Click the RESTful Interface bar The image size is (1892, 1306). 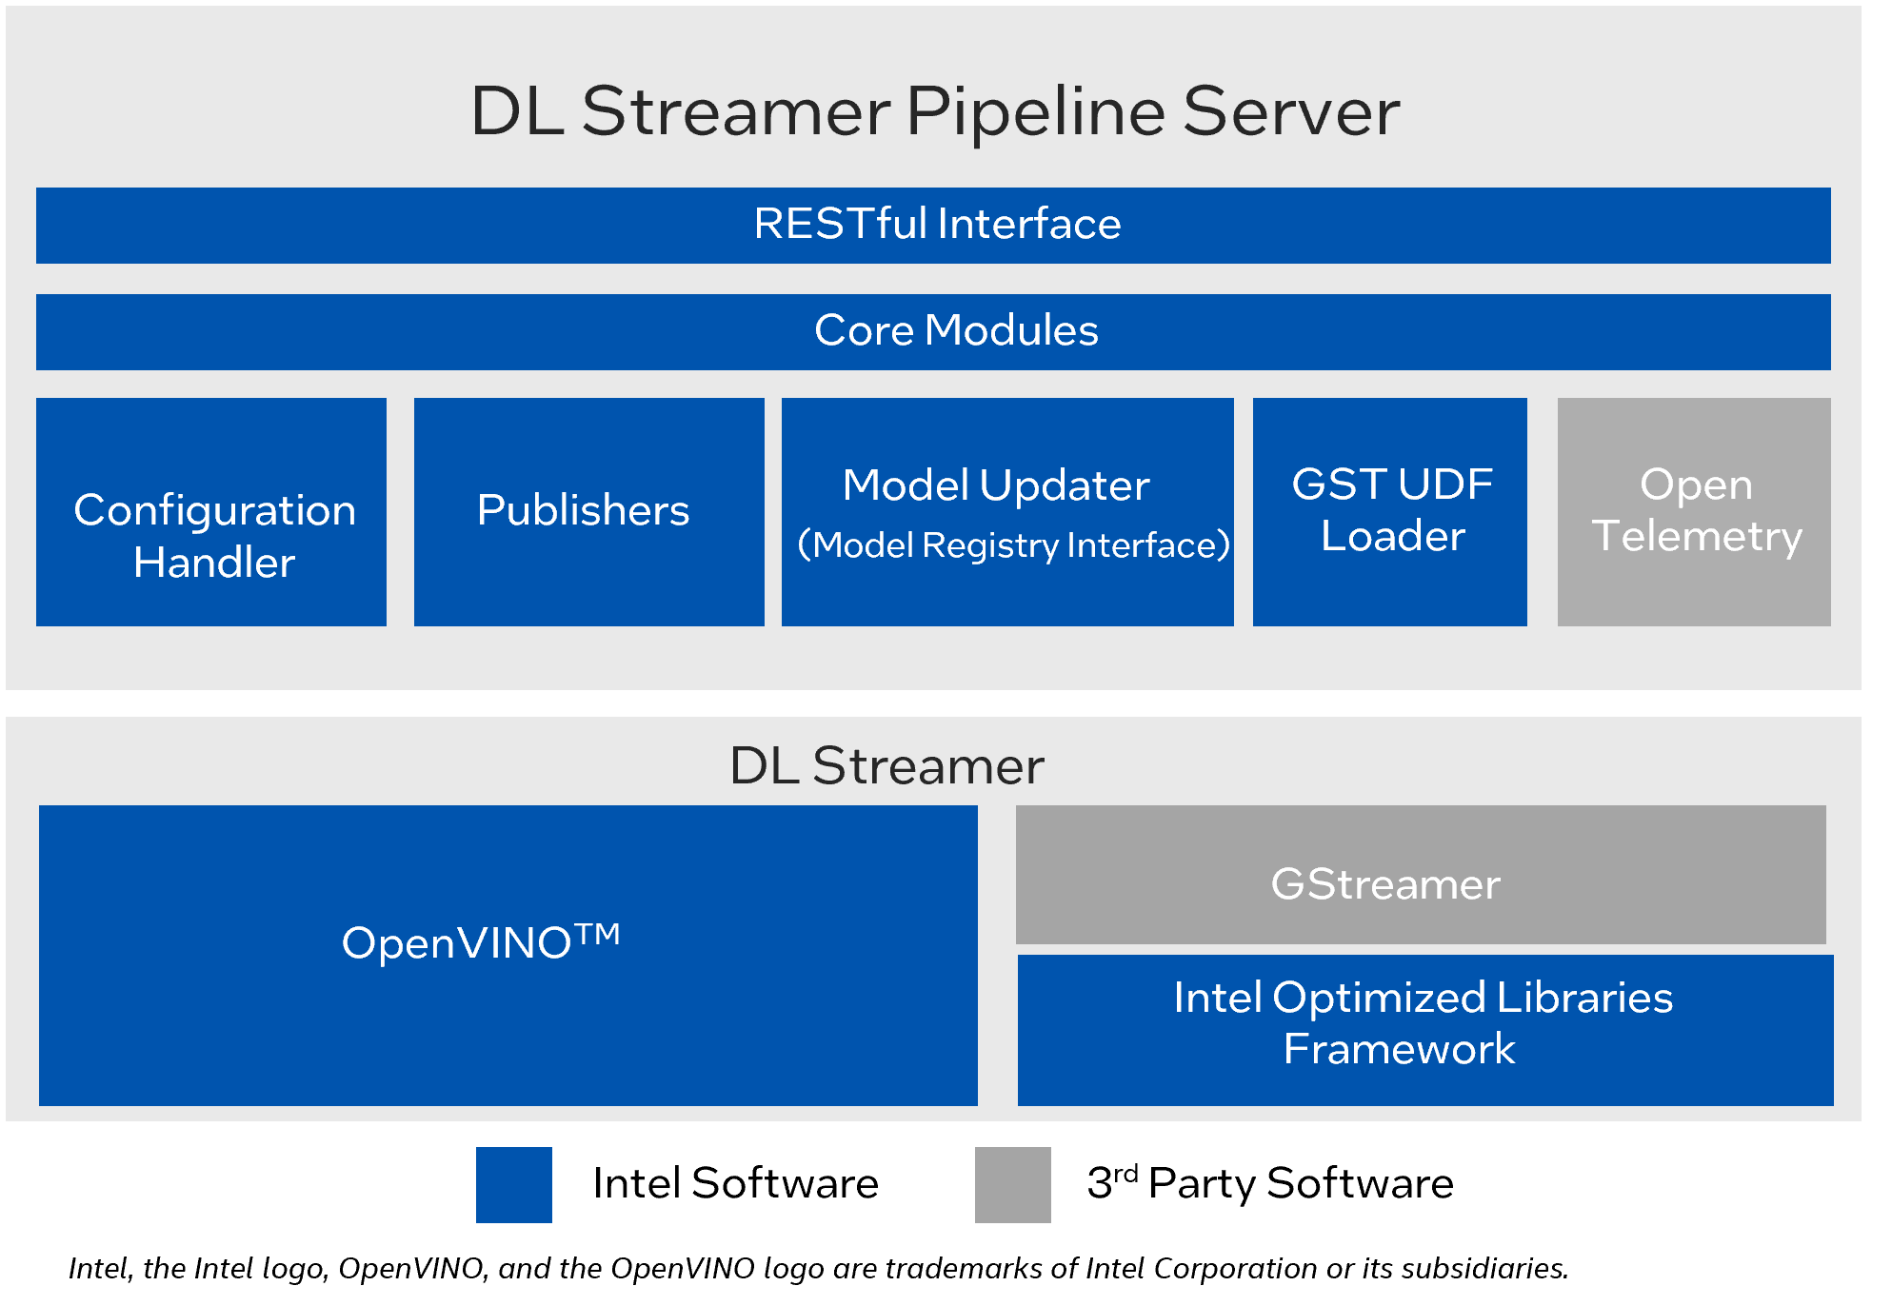(x=933, y=226)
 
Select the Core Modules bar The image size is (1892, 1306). (x=933, y=331)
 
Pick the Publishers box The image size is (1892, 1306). (x=588, y=511)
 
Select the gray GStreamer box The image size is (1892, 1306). (x=1421, y=875)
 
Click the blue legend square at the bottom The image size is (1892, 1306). (x=514, y=1184)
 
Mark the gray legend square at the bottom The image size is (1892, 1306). (x=1012, y=1184)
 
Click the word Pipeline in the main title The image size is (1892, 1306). (x=1035, y=112)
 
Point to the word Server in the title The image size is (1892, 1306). (x=1290, y=112)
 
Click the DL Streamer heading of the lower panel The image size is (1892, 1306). (x=886, y=765)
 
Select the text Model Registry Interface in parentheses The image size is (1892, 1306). (x=1013, y=545)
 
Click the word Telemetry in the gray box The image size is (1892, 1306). (x=1697, y=536)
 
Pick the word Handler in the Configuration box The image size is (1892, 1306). (x=214, y=563)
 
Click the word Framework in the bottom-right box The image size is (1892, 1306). (x=1399, y=1049)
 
